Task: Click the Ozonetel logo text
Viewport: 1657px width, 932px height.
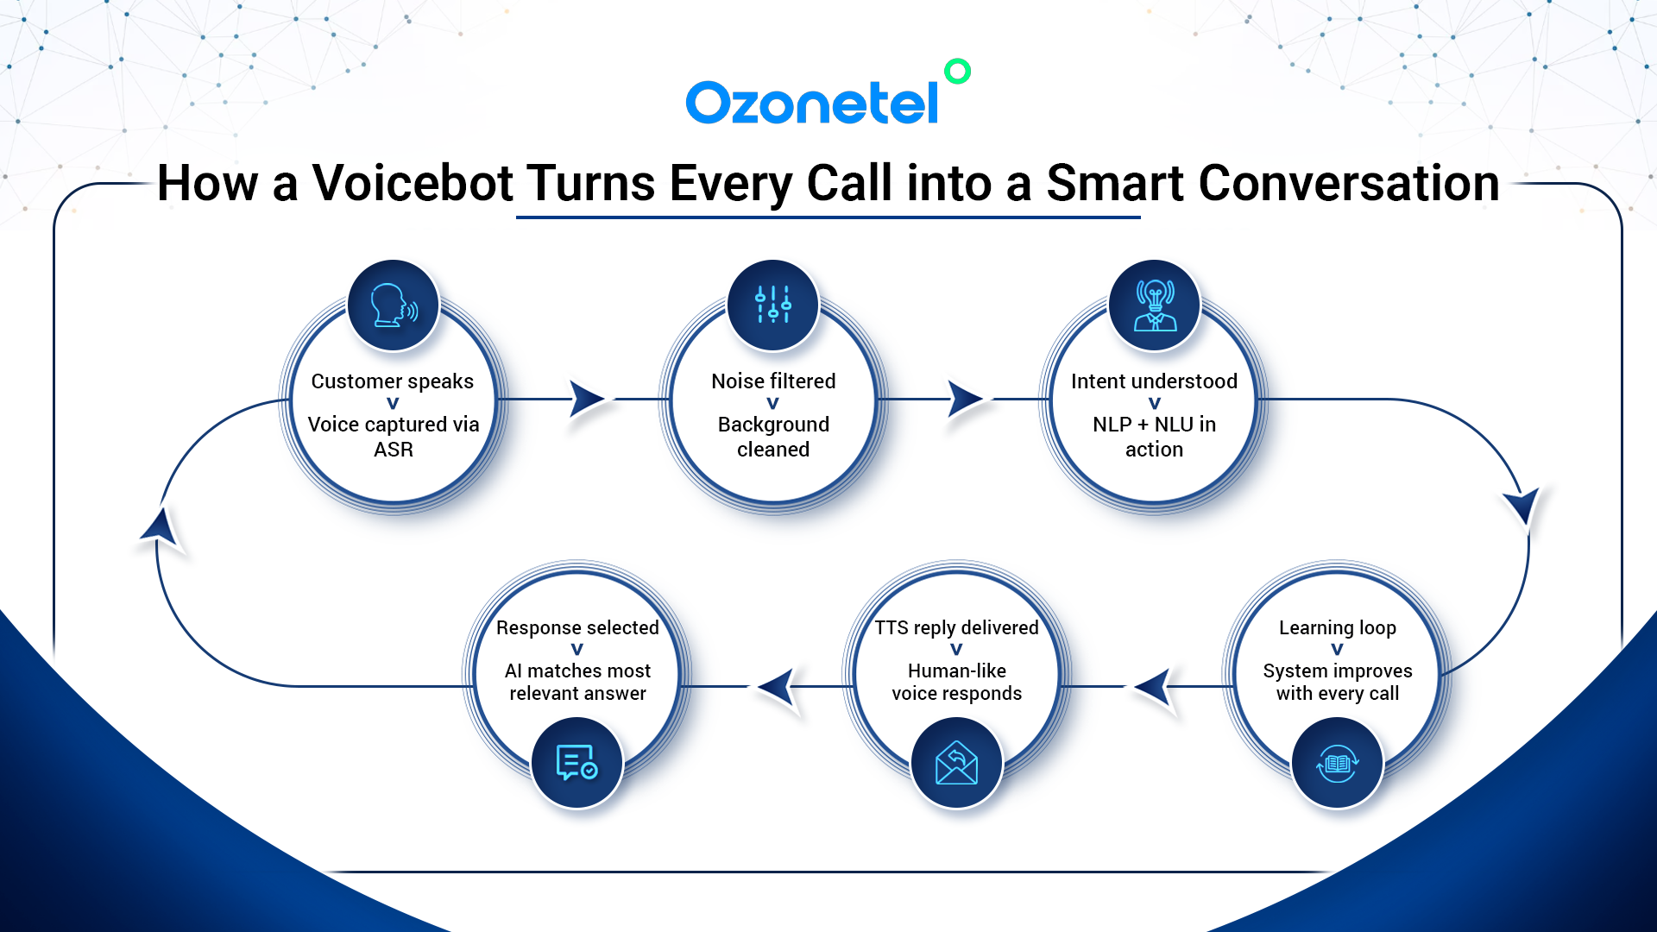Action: point(812,103)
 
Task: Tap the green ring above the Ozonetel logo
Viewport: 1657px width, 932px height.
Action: point(957,71)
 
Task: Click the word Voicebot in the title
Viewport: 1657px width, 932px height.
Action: point(413,183)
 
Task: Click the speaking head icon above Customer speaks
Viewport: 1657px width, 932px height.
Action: point(394,305)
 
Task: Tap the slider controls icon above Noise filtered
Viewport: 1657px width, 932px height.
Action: point(773,305)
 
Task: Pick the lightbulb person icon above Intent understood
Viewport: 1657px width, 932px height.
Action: point(1155,305)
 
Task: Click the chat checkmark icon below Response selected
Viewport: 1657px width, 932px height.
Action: point(577,763)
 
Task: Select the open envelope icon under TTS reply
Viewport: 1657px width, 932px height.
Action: point(957,763)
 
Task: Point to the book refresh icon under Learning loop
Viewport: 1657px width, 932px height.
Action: point(1338,763)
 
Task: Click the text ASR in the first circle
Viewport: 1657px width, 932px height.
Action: point(394,450)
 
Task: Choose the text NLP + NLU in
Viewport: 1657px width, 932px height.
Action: point(1155,425)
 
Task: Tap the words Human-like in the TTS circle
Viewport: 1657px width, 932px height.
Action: point(957,671)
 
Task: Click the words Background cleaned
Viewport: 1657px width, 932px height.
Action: point(773,437)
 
